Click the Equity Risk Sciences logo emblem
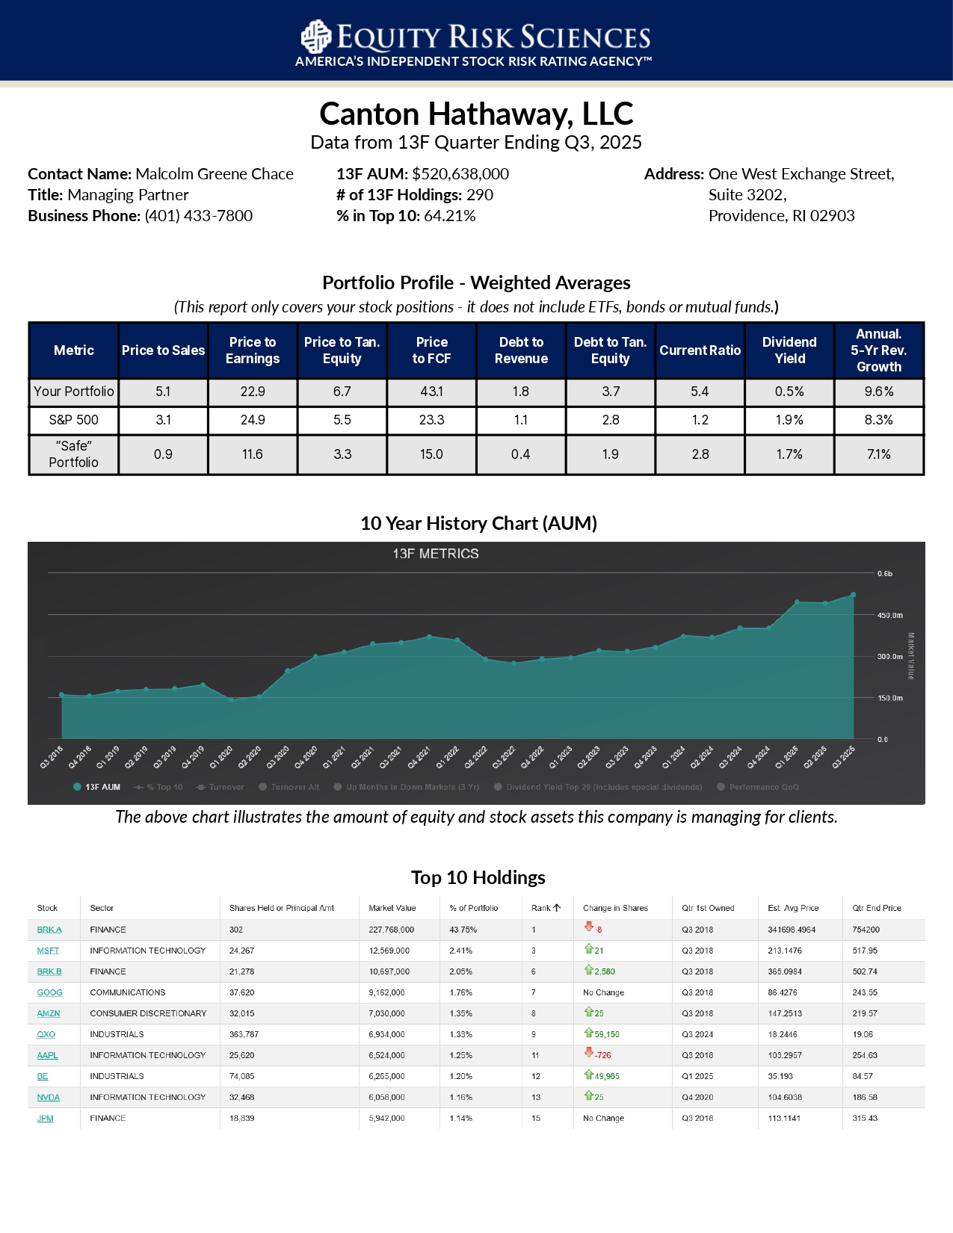(315, 37)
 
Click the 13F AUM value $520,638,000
(460, 174)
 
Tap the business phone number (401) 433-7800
(198, 216)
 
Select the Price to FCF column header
(431, 350)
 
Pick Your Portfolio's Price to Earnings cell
(253, 392)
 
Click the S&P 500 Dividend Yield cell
(789, 420)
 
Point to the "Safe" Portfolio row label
(73, 454)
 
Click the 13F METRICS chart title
(436, 554)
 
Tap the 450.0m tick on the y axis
(889, 616)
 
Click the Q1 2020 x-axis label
(220, 757)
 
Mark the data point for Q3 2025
(853, 595)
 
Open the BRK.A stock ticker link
(49, 930)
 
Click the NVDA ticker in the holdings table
(48, 1097)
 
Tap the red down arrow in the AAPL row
(589, 1053)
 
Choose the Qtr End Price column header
(876, 908)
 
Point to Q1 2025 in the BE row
(697, 1076)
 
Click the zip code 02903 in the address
(833, 216)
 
